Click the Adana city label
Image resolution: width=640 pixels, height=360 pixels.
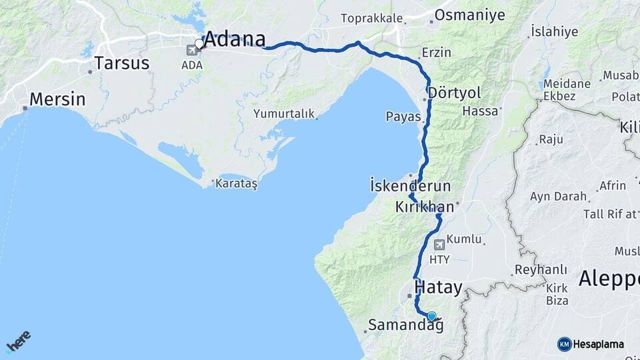[234, 39]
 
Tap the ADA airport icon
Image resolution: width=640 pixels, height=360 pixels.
[193, 50]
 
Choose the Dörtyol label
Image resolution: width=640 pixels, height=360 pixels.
[455, 92]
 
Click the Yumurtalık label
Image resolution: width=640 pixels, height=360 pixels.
[283, 114]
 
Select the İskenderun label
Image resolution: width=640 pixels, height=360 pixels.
[410, 186]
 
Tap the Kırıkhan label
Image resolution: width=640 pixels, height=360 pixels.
[424, 207]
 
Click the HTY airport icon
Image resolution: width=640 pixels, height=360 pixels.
[439, 245]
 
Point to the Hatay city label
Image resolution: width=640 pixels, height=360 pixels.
[438, 288]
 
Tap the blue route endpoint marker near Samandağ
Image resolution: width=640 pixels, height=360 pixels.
[431, 317]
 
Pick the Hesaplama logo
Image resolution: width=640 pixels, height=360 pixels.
[591, 344]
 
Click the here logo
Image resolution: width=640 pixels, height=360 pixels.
[18, 341]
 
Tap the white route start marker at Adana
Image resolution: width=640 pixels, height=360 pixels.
[199, 44]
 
